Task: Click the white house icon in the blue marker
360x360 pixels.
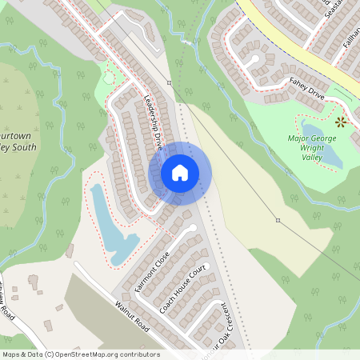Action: coord(180,172)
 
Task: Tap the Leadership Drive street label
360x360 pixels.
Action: coord(152,120)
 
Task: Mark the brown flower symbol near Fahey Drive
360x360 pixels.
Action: coord(342,122)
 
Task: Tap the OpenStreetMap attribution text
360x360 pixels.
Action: coord(80,354)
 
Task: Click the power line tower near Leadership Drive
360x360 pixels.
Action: coord(169,82)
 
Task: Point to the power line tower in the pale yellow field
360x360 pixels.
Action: coord(278,220)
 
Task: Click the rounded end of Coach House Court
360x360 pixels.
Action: coord(192,230)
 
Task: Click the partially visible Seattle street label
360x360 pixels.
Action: coord(330,10)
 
